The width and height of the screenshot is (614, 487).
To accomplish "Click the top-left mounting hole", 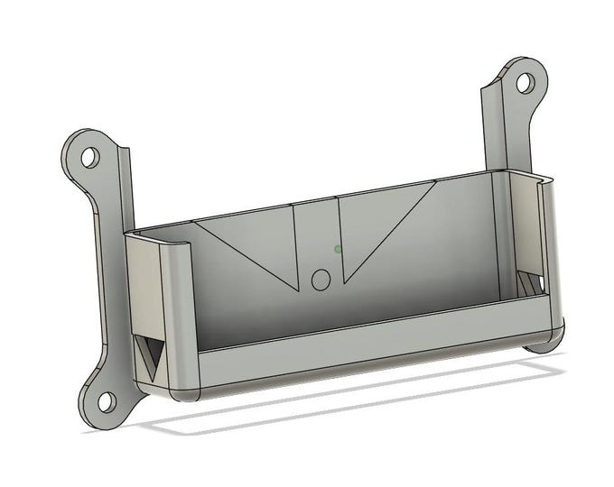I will click(x=90, y=157).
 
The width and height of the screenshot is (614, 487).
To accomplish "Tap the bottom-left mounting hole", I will click(x=106, y=399).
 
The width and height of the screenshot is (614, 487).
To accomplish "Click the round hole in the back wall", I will click(x=321, y=280).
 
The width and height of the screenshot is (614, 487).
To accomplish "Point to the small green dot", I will click(x=338, y=249).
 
